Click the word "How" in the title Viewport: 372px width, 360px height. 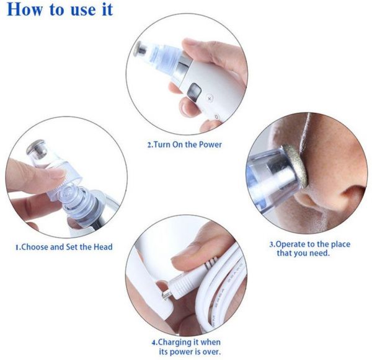tap(25, 9)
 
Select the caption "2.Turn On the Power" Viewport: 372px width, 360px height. tap(185, 144)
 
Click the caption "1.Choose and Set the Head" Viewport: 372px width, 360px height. tap(64, 247)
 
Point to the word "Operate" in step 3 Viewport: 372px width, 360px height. tap(290, 244)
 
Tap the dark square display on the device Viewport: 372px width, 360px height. tap(194, 92)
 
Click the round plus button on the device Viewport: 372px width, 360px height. tap(210, 98)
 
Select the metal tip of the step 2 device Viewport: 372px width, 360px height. tap(140, 48)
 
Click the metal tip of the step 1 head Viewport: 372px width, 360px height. tap(37, 149)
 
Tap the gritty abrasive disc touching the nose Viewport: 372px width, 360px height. tap(294, 164)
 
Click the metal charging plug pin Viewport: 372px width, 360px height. tap(167, 295)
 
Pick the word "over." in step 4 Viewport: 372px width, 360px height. tap(211, 351)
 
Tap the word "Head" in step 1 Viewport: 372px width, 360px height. tap(103, 247)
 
